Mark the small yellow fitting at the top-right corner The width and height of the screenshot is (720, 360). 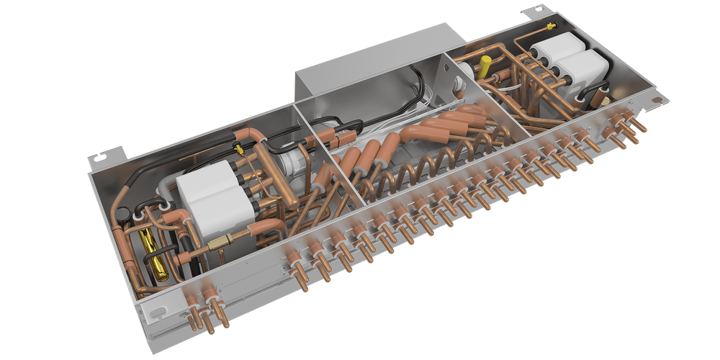click(549, 27)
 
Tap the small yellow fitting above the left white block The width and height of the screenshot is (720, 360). click(238, 149)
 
